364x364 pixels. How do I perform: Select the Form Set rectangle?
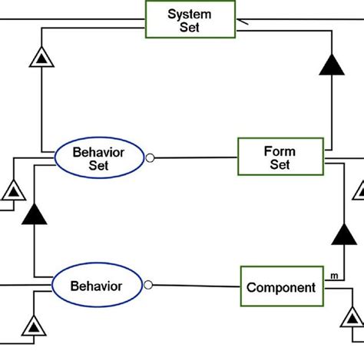(x=280, y=157)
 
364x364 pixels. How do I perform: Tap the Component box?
(x=280, y=288)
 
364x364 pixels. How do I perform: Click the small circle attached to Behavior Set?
(x=151, y=158)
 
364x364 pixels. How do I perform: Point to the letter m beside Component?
(x=334, y=276)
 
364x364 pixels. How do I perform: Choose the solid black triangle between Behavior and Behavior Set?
(x=35, y=214)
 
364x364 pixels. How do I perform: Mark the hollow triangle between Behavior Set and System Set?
(x=41, y=56)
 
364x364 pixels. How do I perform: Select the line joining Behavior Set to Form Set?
(x=196, y=158)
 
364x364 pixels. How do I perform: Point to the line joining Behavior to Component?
(x=196, y=287)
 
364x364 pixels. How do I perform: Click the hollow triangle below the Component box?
(x=352, y=316)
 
